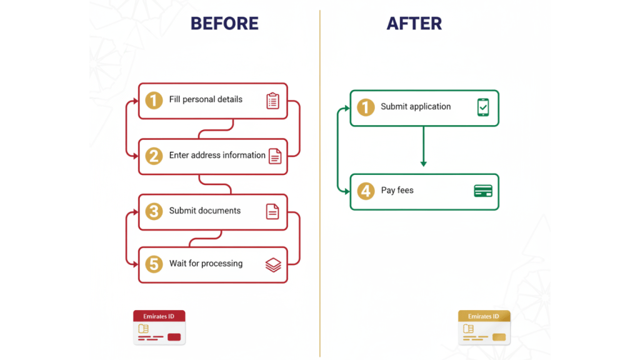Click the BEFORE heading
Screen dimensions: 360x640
224,24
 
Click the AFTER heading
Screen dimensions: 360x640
414,24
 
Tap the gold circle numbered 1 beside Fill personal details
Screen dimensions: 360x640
154,100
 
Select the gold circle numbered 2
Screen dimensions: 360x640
154,156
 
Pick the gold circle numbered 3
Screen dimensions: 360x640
154,211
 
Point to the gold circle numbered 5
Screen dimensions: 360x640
154,264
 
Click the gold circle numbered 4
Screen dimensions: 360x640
366,191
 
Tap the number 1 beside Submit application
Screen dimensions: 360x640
366,107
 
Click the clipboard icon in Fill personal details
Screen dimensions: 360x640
272,101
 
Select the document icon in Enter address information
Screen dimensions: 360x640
275,156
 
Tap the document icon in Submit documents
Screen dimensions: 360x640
272,211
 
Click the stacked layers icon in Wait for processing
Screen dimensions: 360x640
273,265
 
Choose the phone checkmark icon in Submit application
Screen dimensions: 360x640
483,107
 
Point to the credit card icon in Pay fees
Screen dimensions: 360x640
483,191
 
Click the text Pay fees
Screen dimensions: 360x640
397,190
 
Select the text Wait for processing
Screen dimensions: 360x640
206,264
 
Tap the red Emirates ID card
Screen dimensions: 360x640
159,327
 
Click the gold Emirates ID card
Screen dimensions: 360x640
484,327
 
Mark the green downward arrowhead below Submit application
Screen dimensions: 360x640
424,164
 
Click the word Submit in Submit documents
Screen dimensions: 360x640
182,211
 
